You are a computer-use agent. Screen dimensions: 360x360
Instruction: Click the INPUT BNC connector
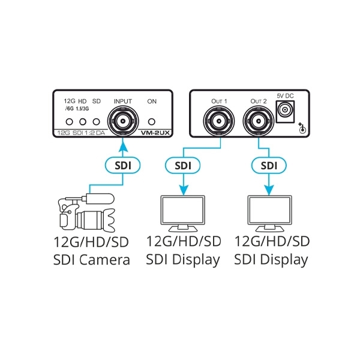pyautogui.click(x=123, y=121)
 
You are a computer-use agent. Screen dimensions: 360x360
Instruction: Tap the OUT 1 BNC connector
pyautogui.click(x=218, y=121)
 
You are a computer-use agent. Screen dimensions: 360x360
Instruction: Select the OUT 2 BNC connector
pyautogui.click(x=258, y=121)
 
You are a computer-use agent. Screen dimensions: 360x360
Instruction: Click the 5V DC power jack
pyautogui.click(x=285, y=112)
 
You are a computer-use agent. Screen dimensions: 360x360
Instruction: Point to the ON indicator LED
pyautogui.click(x=152, y=122)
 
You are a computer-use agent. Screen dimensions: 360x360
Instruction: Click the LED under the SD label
pyautogui.click(x=97, y=122)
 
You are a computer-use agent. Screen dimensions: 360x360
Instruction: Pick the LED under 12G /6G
pyautogui.click(x=70, y=122)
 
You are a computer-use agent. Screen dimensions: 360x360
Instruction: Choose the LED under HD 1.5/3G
pyautogui.click(x=83, y=122)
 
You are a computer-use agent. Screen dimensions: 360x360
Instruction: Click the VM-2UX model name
pyautogui.click(x=155, y=133)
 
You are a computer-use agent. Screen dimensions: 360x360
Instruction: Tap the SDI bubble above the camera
pyautogui.click(x=122, y=166)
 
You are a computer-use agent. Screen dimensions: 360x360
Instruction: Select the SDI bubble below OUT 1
pyautogui.click(x=182, y=166)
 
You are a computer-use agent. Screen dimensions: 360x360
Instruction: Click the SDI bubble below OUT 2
pyautogui.click(x=269, y=166)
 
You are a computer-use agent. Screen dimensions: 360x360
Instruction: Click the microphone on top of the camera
pyautogui.click(x=100, y=199)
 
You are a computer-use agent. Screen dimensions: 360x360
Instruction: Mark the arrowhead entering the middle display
pyautogui.click(x=183, y=190)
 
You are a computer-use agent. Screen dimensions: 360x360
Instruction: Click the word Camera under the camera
pyautogui.click(x=104, y=260)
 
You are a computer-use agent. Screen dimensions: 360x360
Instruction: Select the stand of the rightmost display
pyautogui.click(x=270, y=228)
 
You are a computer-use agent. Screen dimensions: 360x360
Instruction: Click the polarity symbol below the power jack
pyautogui.click(x=302, y=129)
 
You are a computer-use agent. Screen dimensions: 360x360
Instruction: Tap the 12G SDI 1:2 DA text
pyautogui.click(x=81, y=133)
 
